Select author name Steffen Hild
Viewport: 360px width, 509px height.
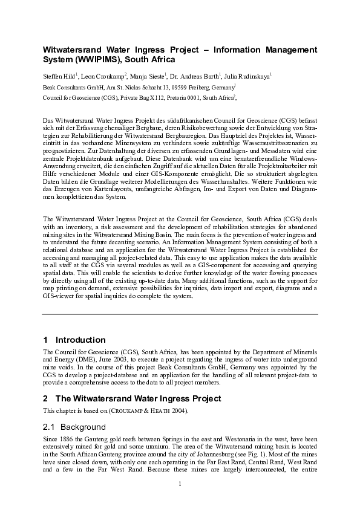pyautogui.click(x=58, y=76)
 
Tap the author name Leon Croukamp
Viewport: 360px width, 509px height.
pyautogui.click(x=103, y=76)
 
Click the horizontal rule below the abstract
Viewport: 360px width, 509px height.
pyautogui.click(x=180, y=314)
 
